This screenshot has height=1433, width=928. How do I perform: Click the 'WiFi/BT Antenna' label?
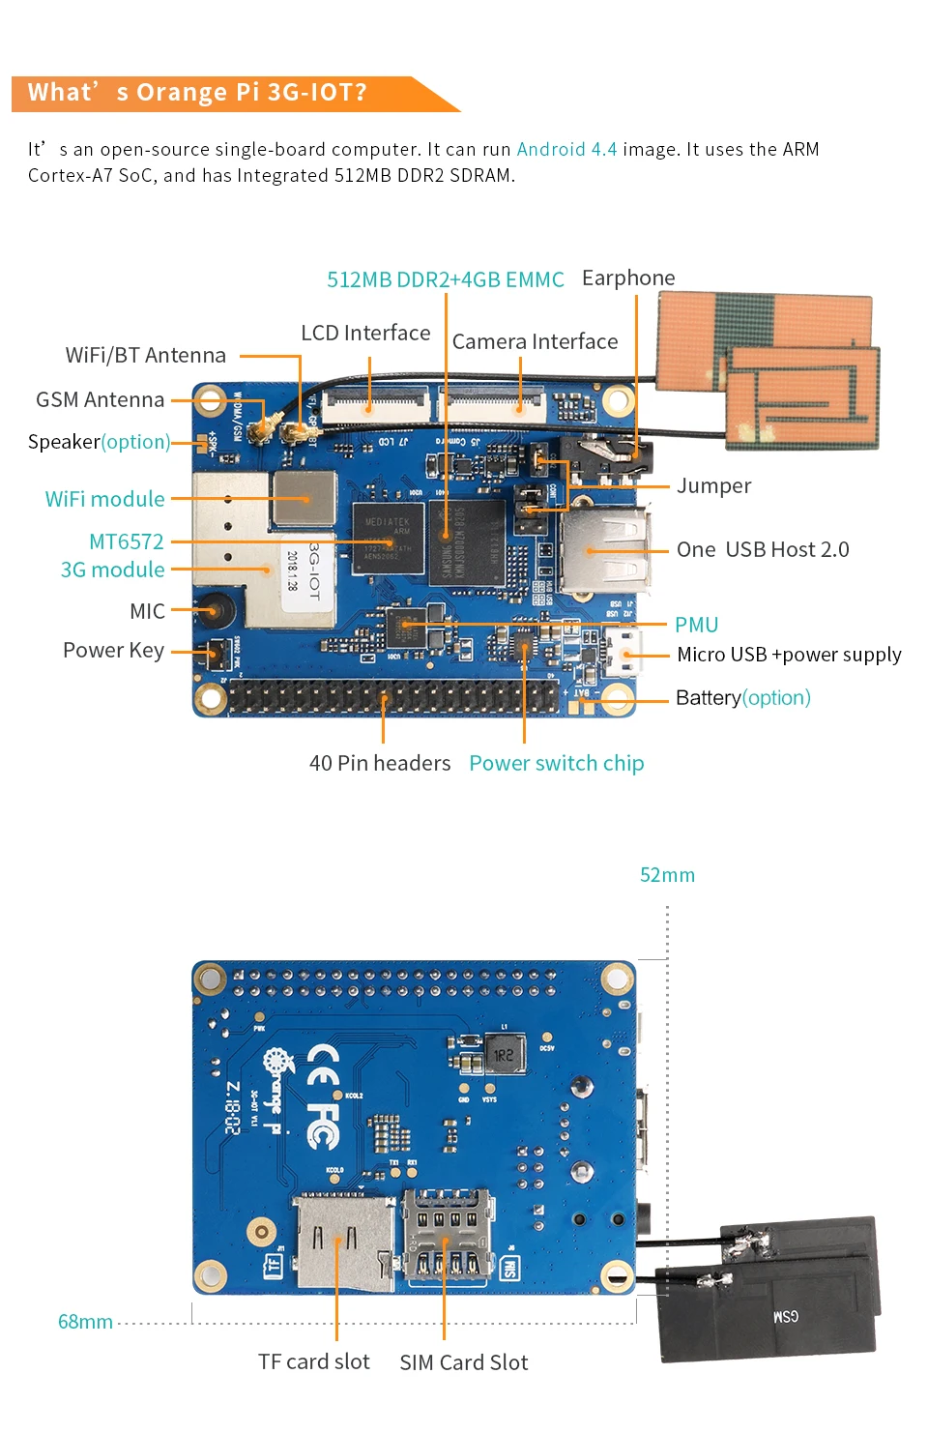click(145, 356)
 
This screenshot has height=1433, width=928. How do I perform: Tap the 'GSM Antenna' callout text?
click(100, 400)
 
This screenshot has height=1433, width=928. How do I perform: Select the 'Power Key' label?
click(113, 651)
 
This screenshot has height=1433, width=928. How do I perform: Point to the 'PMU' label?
click(696, 625)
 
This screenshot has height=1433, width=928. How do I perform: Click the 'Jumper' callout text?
click(713, 485)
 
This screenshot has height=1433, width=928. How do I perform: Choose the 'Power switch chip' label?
click(556, 764)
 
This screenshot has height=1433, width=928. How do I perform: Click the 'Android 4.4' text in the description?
click(566, 150)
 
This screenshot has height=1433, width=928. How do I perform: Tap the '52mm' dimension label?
click(667, 875)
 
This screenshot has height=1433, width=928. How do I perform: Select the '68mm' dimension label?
click(85, 1322)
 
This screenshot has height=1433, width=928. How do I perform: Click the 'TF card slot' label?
click(313, 1362)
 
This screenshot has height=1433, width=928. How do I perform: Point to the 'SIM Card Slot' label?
click(464, 1363)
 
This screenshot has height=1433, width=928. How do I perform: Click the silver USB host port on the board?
click(601, 551)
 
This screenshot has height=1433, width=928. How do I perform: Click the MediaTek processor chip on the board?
click(388, 538)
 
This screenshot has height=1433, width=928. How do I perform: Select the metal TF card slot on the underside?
click(344, 1243)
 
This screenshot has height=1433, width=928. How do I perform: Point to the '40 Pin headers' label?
click(379, 764)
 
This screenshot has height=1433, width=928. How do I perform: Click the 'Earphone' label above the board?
click(628, 278)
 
